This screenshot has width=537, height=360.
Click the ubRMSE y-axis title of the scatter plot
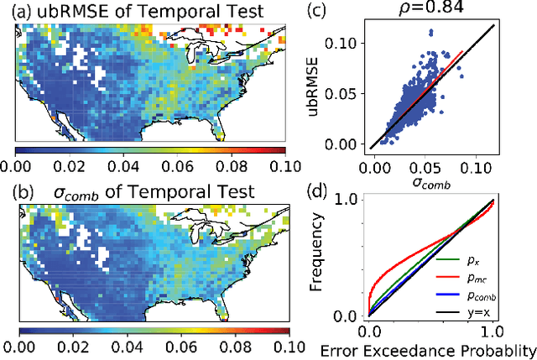pos(315,91)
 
